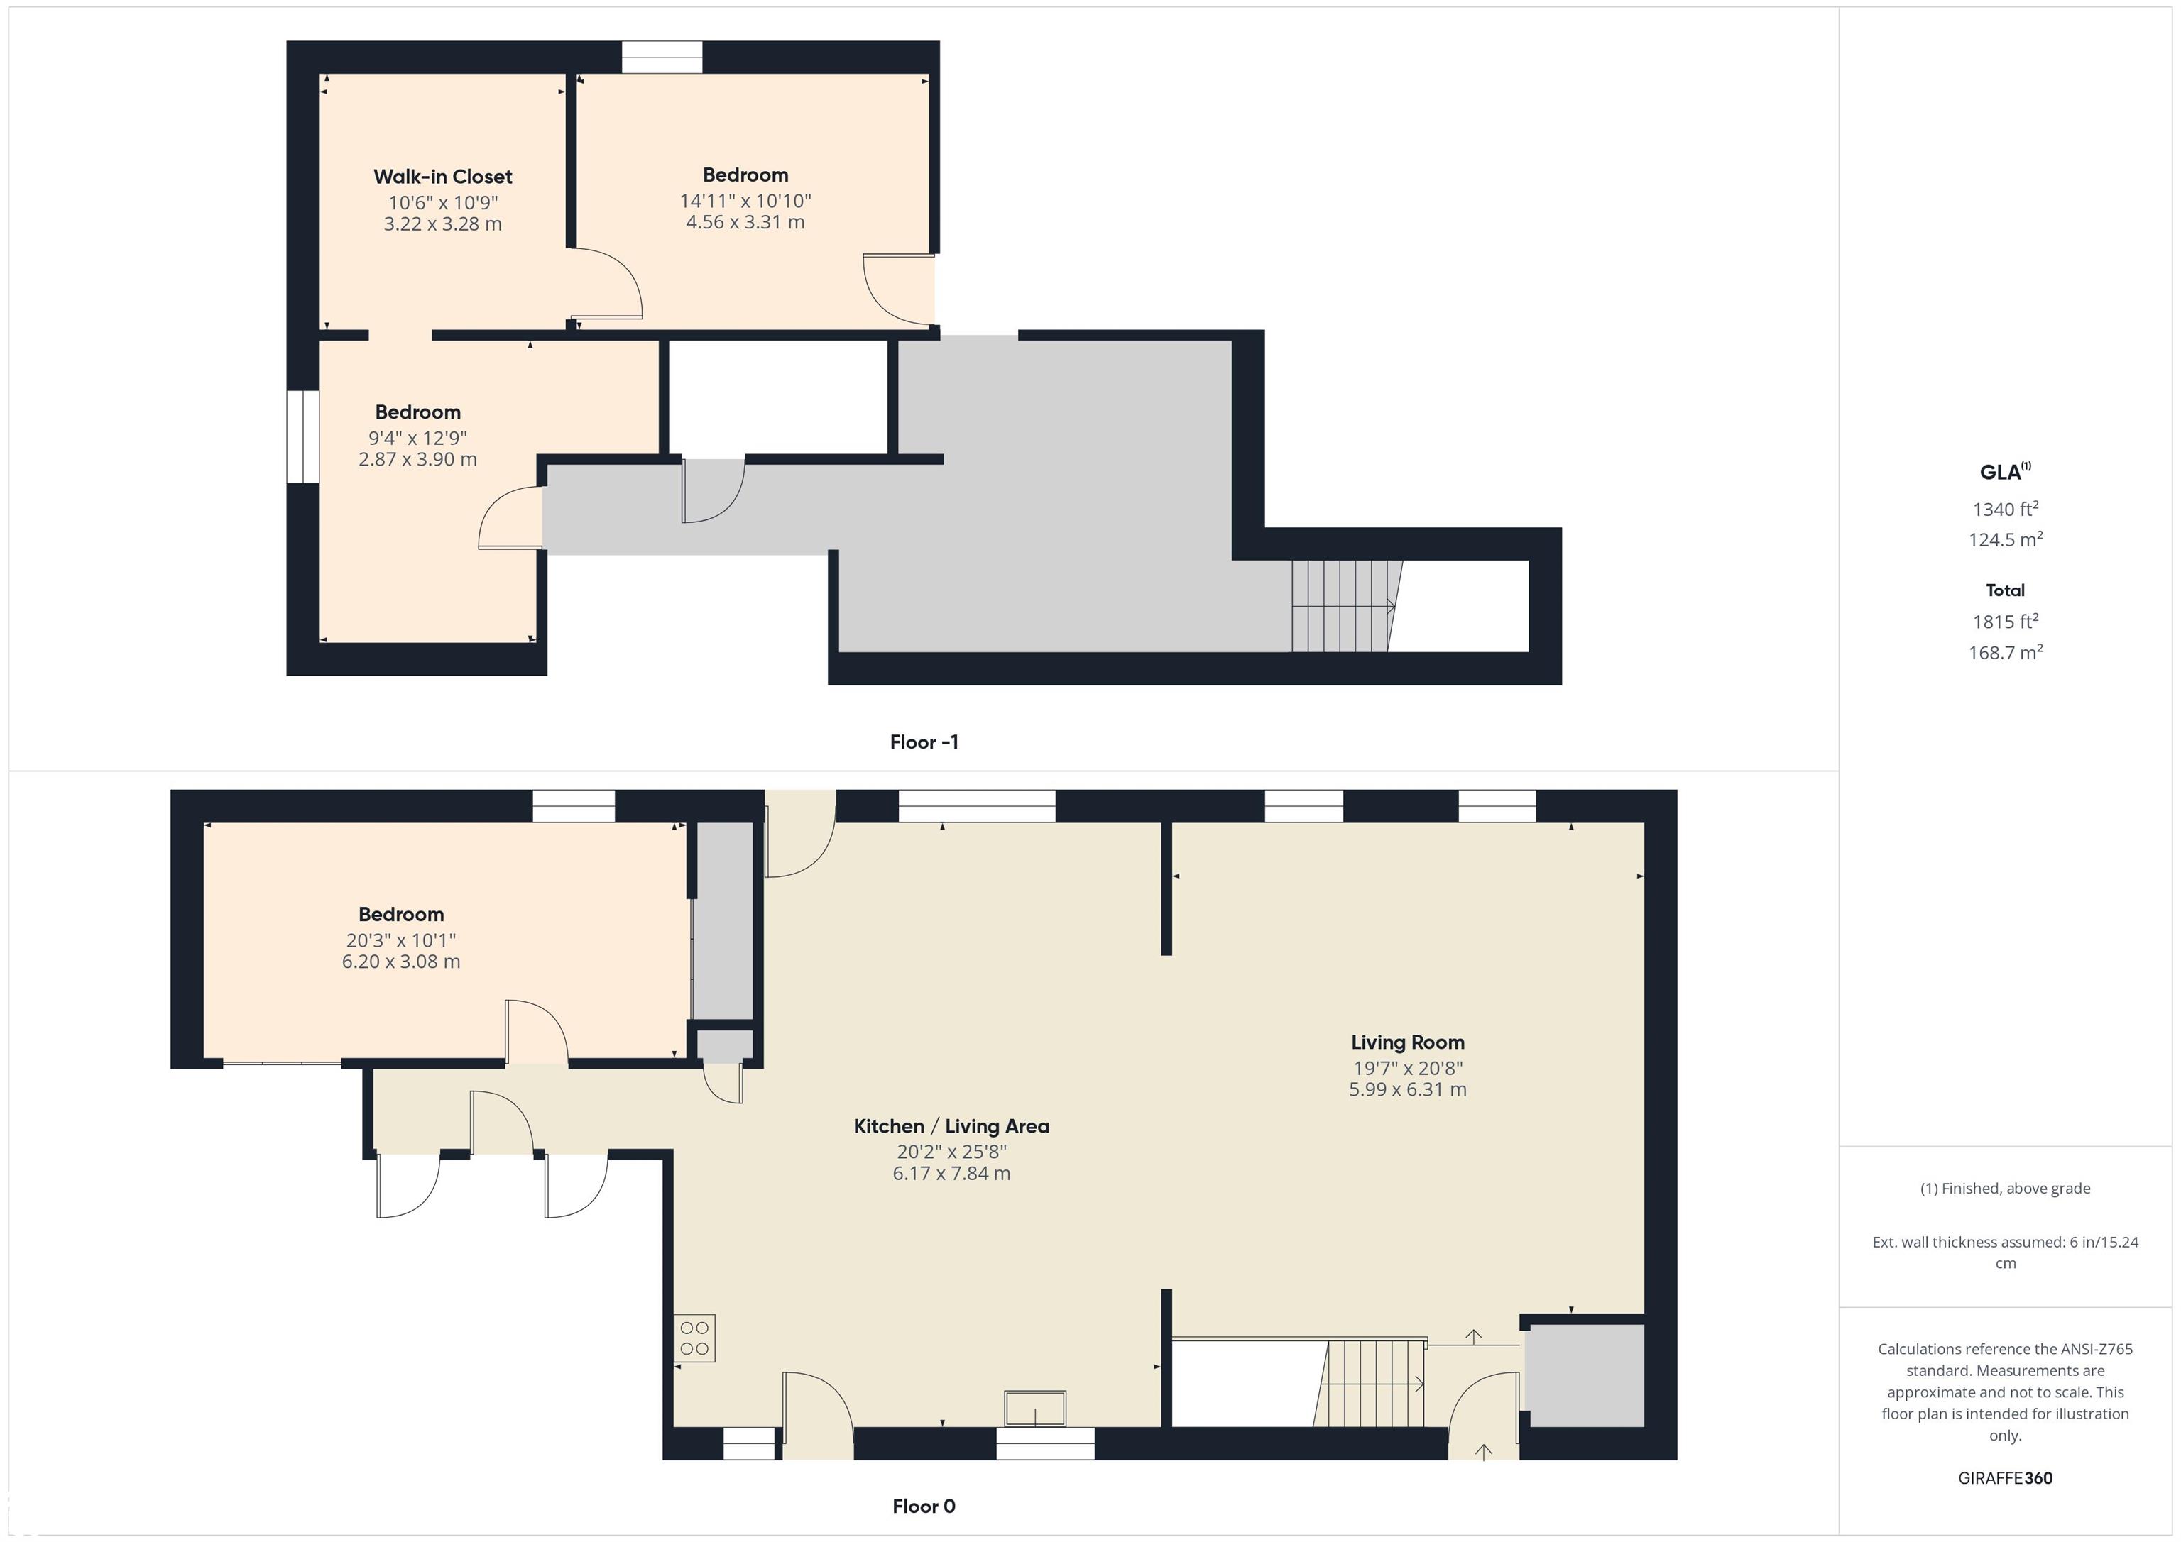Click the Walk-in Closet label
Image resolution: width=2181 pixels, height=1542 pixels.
tap(442, 177)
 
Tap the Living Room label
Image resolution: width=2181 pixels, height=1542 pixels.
tap(1408, 1042)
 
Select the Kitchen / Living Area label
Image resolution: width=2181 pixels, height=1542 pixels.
tap(951, 1126)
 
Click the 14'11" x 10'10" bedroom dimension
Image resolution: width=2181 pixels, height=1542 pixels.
tap(745, 200)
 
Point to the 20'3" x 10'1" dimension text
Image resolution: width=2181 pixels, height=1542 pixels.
tap(401, 940)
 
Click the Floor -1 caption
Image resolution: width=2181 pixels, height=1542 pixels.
tap(924, 742)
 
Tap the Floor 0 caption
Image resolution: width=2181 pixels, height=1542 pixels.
tap(924, 1506)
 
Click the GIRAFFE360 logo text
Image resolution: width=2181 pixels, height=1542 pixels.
tap(2005, 1478)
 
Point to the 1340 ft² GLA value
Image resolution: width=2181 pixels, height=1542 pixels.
tap(2005, 509)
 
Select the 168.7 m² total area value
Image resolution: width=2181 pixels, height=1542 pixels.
tap(2005, 652)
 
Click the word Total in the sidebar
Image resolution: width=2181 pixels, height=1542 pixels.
tap(2005, 590)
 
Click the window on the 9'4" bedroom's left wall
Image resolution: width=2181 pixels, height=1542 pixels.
tap(303, 437)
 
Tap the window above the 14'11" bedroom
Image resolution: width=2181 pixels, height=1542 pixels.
tap(662, 57)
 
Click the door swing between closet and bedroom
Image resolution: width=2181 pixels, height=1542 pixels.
tap(607, 283)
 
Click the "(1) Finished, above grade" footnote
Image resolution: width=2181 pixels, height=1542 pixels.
tap(2005, 1188)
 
